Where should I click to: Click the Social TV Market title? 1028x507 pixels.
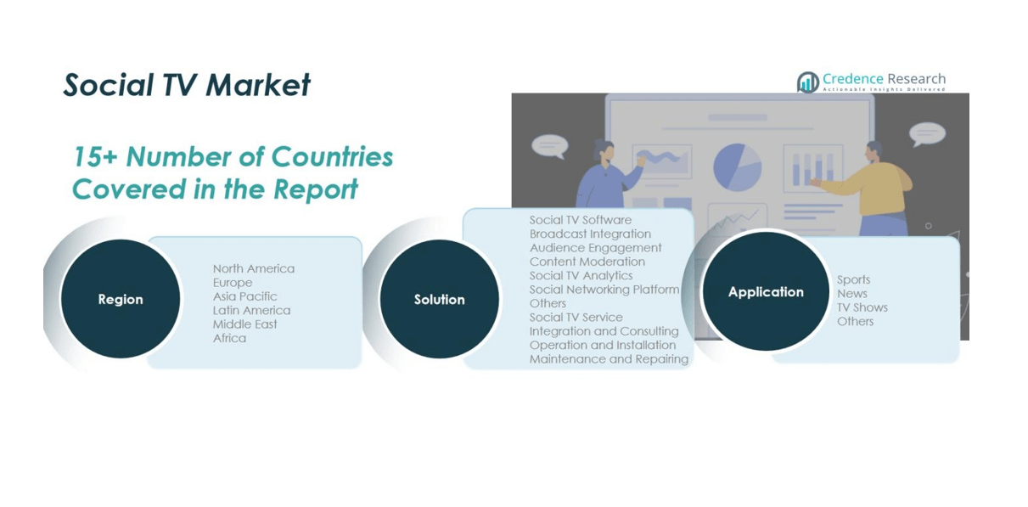pyautogui.click(x=187, y=85)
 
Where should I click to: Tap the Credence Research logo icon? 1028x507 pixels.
pyautogui.click(x=808, y=82)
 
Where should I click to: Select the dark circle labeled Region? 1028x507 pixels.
pyautogui.click(x=121, y=299)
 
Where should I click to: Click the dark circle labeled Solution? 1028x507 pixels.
pyautogui.click(x=439, y=299)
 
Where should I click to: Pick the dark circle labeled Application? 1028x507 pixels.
pyautogui.click(x=766, y=291)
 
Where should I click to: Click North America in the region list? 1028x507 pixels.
pyautogui.click(x=253, y=268)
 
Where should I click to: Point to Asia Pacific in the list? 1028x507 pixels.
pyautogui.click(x=244, y=296)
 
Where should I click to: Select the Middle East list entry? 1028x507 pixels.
pyautogui.click(x=244, y=324)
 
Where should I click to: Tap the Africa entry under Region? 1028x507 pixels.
pyautogui.click(x=229, y=338)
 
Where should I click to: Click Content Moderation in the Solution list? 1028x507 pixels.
pyautogui.click(x=587, y=262)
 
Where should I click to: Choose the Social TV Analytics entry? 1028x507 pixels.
pyautogui.click(x=581, y=275)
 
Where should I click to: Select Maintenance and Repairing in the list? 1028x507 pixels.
pyautogui.click(x=609, y=359)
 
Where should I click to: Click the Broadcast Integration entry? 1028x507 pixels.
pyautogui.click(x=590, y=234)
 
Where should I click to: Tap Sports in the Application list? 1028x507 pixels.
pyautogui.click(x=853, y=279)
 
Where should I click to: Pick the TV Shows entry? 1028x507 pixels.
pyautogui.click(x=862, y=307)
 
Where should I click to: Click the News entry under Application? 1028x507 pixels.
pyautogui.click(x=851, y=294)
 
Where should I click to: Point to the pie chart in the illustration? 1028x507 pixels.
pyautogui.click(x=737, y=167)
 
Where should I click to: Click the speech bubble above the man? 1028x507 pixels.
pyautogui.click(x=927, y=134)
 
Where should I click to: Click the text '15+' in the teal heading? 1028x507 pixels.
pyautogui.click(x=95, y=157)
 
